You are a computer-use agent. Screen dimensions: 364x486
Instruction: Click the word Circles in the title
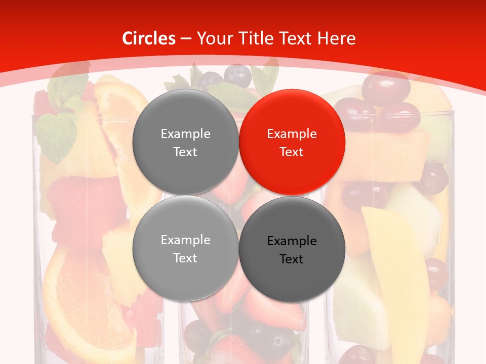point(149,38)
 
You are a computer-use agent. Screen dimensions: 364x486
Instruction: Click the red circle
point(292,142)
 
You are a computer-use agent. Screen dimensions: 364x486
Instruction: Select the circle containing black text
point(292,249)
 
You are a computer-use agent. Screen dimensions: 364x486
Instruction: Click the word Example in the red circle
point(292,134)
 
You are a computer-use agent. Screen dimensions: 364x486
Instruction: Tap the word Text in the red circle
point(292,152)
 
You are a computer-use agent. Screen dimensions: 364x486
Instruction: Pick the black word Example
point(292,241)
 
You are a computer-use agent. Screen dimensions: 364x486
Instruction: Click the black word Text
point(292,259)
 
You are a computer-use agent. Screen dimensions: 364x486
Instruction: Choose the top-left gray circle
point(185,142)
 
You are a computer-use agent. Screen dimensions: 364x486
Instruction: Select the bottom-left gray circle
point(185,248)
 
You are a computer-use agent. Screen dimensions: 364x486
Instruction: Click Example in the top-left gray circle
point(185,134)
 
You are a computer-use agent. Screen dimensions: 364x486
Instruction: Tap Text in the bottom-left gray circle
point(185,258)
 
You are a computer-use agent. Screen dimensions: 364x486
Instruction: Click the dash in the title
point(186,39)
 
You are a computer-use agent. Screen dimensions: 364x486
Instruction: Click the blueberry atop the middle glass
point(237,76)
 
